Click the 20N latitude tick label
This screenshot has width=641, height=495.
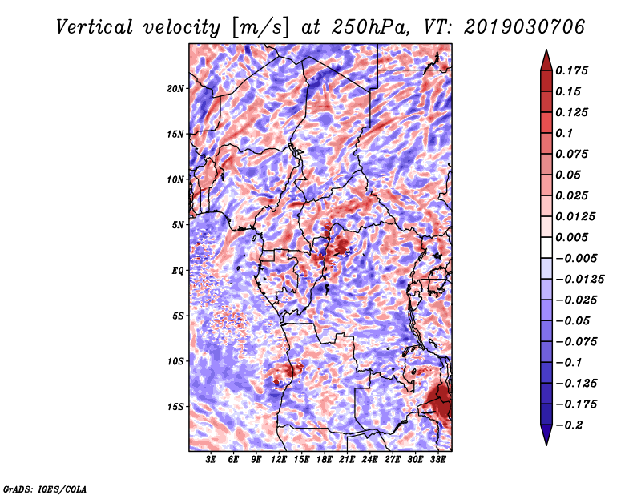click(175, 88)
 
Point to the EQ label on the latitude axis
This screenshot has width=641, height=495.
click(178, 270)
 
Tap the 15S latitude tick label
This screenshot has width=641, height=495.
click(175, 406)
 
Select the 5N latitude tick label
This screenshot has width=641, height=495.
click(178, 224)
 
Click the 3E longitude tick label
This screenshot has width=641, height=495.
click(212, 460)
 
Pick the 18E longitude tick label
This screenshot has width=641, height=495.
click(325, 460)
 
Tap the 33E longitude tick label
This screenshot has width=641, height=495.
click(438, 460)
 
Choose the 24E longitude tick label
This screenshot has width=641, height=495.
click(370, 460)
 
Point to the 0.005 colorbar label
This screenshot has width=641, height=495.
click(573, 237)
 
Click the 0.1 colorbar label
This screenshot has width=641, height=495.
click(564, 133)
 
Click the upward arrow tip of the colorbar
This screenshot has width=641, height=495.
click(546, 52)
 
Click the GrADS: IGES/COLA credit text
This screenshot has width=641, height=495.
click(44, 488)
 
